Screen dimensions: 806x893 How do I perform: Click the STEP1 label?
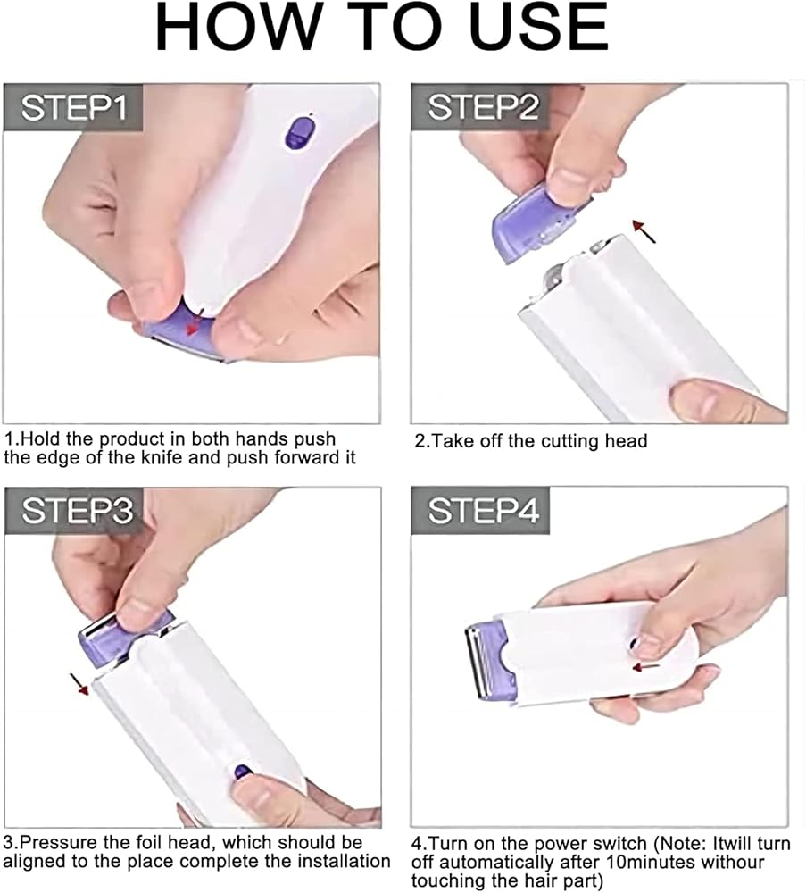point(73,108)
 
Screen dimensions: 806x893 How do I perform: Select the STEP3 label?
point(76,510)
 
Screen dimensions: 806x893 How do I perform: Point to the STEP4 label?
point(482,510)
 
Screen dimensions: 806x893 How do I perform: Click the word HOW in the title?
point(238,28)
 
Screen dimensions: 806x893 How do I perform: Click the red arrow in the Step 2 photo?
point(644,231)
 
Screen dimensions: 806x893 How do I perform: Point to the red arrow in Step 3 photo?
point(79,684)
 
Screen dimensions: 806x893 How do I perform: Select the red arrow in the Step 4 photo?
point(646,666)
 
